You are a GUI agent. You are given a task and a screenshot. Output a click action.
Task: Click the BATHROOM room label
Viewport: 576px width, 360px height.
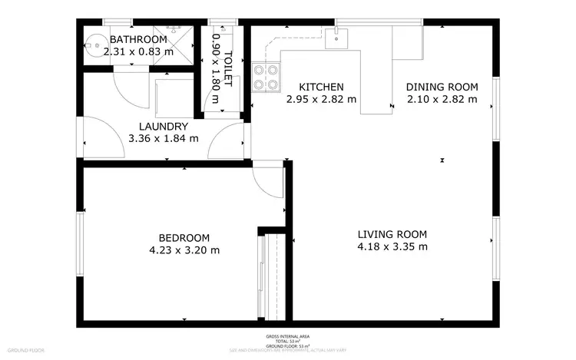point(138,39)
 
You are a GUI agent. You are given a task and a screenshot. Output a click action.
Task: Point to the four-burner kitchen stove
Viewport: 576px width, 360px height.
point(266,78)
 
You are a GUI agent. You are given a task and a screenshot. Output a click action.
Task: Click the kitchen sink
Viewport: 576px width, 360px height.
point(336,38)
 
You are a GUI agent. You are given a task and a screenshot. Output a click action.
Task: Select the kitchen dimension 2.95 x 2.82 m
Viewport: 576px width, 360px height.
point(321,99)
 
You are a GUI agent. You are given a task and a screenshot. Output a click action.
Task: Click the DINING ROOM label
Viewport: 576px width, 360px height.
point(442,87)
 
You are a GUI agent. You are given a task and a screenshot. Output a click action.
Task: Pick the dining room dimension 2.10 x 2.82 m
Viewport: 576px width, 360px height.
point(442,99)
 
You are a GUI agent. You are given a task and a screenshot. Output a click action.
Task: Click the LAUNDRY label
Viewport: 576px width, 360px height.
point(164,127)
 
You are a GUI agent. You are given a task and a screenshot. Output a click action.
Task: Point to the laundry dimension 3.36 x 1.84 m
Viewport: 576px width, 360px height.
point(164,139)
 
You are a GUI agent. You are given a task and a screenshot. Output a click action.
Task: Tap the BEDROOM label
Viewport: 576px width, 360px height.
point(184,238)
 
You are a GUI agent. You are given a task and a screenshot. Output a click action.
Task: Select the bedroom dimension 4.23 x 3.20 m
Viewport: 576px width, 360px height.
point(184,250)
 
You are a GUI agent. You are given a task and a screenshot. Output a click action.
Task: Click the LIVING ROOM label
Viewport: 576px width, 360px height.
point(392,234)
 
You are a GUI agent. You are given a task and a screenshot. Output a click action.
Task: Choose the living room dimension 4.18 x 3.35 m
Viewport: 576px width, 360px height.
point(392,246)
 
